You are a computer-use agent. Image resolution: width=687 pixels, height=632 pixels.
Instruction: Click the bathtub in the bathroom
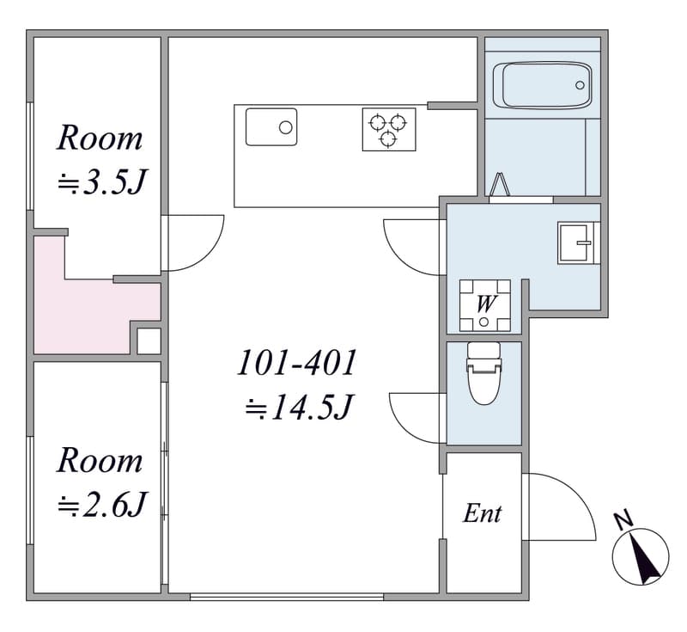click(x=543, y=85)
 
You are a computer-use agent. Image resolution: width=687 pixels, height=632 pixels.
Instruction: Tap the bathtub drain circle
click(x=580, y=85)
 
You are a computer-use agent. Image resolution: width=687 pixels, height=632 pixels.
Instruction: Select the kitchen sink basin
click(x=271, y=127)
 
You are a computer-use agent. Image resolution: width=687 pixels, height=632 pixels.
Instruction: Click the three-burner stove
click(x=389, y=129)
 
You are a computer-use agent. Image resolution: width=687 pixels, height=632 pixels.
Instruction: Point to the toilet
click(x=484, y=373)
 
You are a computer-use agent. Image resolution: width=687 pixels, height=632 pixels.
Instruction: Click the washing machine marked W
click(x=485, y=305)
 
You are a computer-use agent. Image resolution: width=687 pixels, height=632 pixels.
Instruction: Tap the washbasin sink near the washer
click(x=576, y=243)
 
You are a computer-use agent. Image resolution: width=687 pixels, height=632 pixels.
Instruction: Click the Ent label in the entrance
click(x=482, y=513)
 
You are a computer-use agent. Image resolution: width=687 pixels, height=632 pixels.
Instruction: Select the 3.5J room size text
click(x=101, y=181)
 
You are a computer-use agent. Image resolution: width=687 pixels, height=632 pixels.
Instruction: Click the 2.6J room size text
click(x=102, y=505)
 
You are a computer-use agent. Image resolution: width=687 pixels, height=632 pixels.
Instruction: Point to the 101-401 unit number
click(x=296, y=363)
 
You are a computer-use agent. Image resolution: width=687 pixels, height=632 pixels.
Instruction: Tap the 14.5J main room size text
click(x=299, y=408)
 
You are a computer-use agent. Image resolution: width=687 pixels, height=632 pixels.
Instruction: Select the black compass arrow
click(x=642, y=560)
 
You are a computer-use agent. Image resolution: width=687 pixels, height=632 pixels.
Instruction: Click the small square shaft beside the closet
click(x=149, y=341)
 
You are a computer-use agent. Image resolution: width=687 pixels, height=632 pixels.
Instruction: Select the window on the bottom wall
click(x=287, y=597)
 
